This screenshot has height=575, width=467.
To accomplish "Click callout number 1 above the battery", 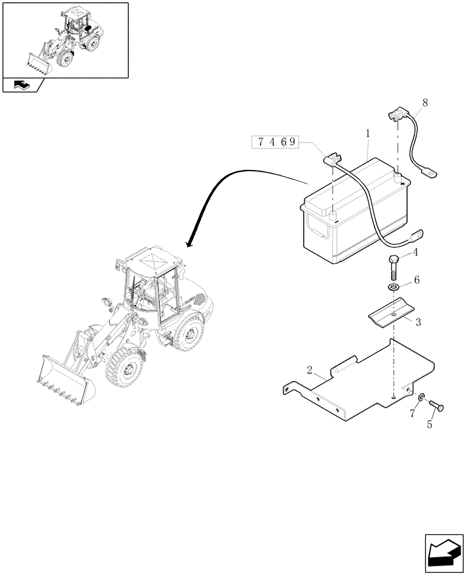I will pos(368,133).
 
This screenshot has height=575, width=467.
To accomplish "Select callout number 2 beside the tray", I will pos(310,370).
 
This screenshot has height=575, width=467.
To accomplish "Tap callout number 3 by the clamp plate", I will pos(418,323).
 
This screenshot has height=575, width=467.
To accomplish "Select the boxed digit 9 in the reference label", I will pos(292,141).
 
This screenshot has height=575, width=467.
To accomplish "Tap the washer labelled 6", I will pos(394,286).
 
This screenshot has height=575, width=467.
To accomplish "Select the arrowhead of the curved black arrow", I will pos(189,243).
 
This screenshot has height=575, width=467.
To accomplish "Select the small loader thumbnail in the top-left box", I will pos(64,40).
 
